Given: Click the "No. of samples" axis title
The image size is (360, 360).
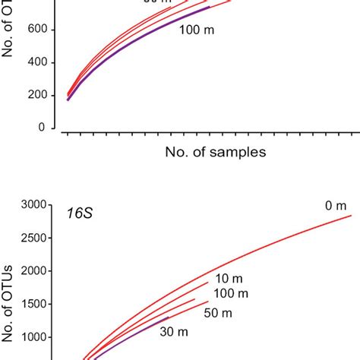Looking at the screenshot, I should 216,152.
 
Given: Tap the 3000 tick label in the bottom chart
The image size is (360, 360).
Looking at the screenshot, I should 34,204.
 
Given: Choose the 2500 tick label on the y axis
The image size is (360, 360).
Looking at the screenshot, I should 34,238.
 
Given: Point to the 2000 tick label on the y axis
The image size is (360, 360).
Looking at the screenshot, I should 34,271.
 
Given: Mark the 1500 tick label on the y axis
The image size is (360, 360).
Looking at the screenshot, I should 34,305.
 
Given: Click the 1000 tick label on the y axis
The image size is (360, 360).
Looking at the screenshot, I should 34,338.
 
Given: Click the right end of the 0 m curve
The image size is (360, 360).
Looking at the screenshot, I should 350,216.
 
